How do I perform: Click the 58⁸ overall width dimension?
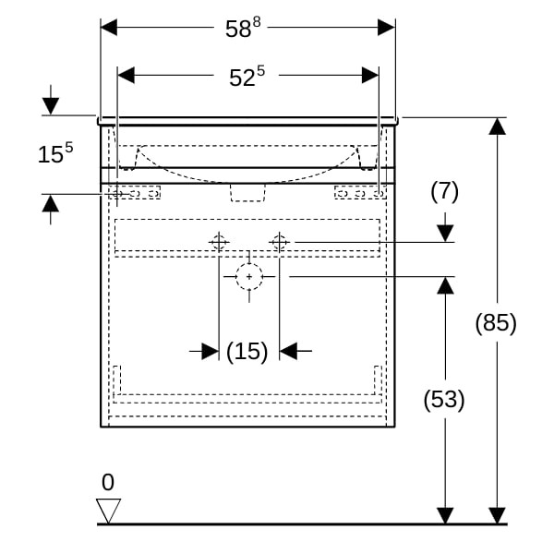(x=239, y=29)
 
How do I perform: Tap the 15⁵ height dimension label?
(x=55, y=153)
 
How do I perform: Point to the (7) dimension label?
(x=444, y=191)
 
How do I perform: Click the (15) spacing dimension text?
(x=247, y=351)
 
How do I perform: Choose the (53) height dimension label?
(x=444, y=399)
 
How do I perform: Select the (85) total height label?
(x=496, y=323)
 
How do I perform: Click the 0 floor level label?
(x=108, y=482)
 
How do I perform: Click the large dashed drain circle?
(x=249, y=276)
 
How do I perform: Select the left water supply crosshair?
(x=219, y=243)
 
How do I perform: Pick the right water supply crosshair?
(x=280, y=243)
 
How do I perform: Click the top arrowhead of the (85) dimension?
(x=498, y=126)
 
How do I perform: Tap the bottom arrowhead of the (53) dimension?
(x=445, y=514)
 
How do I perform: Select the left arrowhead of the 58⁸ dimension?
(x=109, y=28)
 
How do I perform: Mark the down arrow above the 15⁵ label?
(x=50, y=105)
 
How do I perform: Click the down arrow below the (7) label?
(x=445, y=232)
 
